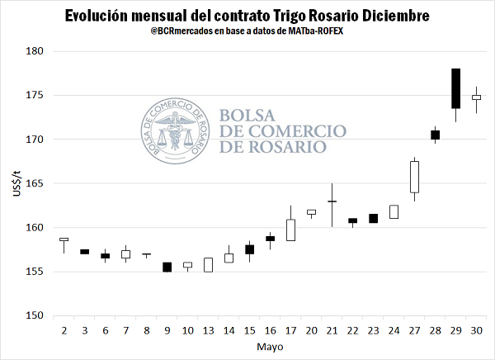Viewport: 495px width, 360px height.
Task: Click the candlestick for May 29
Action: (455, 88)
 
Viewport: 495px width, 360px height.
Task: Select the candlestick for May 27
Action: (414, 176)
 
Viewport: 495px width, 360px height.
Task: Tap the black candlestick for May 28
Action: (435, 135)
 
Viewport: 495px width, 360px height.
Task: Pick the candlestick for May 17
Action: (290, 230)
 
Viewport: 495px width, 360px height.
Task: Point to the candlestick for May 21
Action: (332, 201)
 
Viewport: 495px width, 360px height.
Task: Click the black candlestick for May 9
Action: (167, 267)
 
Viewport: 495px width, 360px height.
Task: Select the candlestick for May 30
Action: (476, 97)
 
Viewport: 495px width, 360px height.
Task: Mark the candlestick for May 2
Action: (64, 239)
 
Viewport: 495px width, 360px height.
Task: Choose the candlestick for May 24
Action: (394, 211)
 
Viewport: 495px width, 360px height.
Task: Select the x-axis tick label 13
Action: (208, 330)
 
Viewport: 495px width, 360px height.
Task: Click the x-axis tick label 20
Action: (311, 330)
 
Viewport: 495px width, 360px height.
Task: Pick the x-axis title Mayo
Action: (270, 347)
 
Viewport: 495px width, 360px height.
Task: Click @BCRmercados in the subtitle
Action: (187, 32)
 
